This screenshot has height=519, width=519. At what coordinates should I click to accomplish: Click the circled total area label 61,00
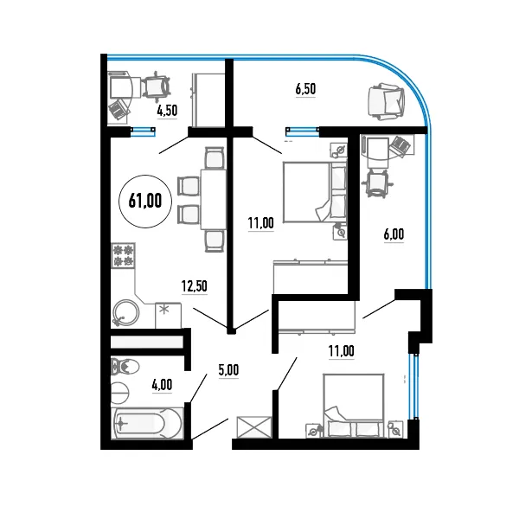coord(145,201)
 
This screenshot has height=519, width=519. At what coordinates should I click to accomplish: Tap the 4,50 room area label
coord(167,111)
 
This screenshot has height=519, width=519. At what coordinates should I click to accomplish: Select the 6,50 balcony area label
coord(305,89)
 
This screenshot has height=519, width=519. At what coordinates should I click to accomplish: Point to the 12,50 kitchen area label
coord(195,286)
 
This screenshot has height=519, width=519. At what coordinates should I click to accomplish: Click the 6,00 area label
coord(394,234)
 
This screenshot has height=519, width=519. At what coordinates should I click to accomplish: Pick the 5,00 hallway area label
coord(228,370)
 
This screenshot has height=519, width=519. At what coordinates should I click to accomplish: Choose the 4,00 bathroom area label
coord(163,385)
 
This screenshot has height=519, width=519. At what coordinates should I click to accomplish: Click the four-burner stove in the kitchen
coord(124,255)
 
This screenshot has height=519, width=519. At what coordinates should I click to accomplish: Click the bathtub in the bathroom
coord(147,424)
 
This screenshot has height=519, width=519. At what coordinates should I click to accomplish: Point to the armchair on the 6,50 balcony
coord(387,101)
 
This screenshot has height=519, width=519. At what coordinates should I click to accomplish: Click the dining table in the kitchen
coord(214,199)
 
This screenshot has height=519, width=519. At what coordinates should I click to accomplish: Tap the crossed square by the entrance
coord(253,427)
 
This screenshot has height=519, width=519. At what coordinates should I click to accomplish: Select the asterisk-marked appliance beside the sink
coord(168,315)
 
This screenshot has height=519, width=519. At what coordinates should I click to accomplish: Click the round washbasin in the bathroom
coord(119,393)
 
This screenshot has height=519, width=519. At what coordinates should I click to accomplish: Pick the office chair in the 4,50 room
coord(157,86)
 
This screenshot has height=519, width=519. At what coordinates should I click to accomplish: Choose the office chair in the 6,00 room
coord(378,183)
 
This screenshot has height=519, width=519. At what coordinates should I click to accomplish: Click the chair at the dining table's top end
coord(215,158)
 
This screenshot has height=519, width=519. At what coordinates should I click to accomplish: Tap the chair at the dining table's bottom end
coord(215,241)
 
